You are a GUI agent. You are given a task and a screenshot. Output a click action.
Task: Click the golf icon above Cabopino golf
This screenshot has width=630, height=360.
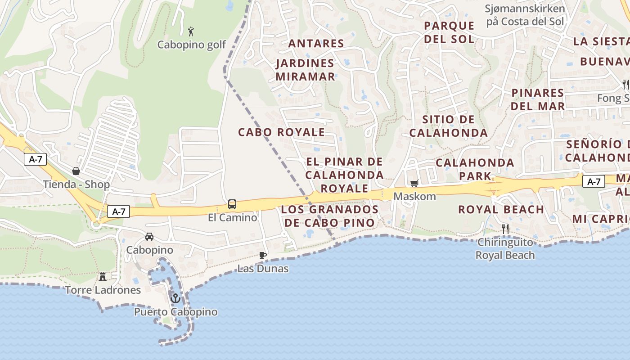click(x=191, y=31)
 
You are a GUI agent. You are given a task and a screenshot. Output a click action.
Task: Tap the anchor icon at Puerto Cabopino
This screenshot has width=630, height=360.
click(x=175, y=298)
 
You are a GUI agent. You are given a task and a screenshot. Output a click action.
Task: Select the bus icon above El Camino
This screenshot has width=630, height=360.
click(x=232, y=204)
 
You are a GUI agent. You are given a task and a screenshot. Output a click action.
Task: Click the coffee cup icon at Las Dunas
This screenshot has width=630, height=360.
click(x=263, y=256)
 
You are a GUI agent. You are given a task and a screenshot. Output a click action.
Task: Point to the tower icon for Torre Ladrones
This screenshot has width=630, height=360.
click(x=103, y=276)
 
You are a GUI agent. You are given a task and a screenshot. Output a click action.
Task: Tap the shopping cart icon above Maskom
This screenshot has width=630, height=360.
click(x=414, y=183)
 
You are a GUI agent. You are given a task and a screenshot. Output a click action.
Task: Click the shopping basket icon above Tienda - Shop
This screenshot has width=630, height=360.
click(x=76, y=171)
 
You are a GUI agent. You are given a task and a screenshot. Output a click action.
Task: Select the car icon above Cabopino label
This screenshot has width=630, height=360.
click(x=149, y=236)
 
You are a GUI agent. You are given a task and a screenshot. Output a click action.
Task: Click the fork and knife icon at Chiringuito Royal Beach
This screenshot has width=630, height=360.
click(x=505, y=229)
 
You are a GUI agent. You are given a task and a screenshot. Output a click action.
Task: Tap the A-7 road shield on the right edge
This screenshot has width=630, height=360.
click(x=594, y=181)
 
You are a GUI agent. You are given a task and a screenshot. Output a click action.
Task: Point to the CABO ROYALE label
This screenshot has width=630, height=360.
click(x=281, y=132)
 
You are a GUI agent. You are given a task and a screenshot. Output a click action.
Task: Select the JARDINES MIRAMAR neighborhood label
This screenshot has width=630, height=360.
click(x=305, y=70)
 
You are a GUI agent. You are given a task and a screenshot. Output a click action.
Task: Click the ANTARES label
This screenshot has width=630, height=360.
click(x=316, y=44)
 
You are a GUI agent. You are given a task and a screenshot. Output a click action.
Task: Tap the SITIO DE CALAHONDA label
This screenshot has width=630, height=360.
click(x=449, y=126)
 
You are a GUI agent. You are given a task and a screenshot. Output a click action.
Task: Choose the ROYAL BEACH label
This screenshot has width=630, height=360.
click(x=501, y=209)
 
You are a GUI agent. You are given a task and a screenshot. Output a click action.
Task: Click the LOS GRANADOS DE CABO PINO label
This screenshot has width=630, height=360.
click(x=330, y=216)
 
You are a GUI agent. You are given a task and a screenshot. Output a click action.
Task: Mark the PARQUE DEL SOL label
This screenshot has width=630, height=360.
click(x=449, y=32)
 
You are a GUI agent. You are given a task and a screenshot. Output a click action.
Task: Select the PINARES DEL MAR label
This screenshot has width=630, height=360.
click(x=538, y=99)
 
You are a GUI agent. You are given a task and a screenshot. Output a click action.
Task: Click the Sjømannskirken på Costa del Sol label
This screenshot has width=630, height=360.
click(x=525, y=15)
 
